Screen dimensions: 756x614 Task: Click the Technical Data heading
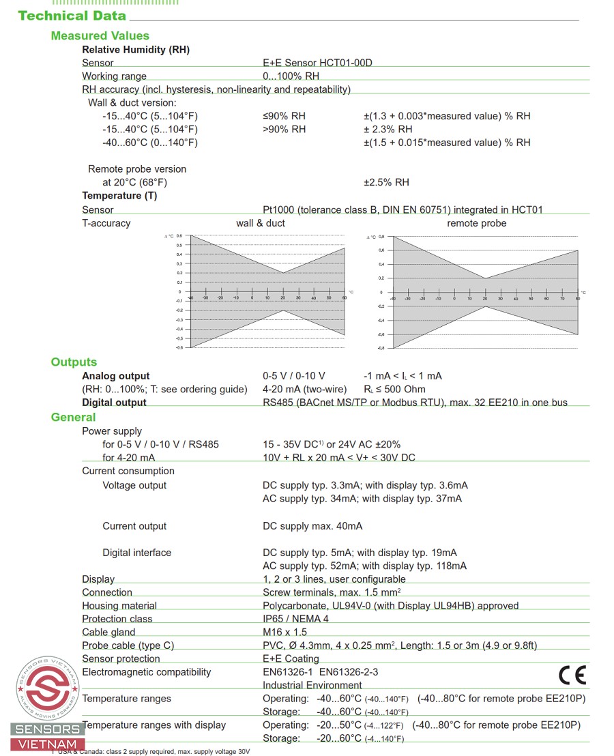coord(72,16)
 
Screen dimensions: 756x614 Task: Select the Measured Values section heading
coord(100,35)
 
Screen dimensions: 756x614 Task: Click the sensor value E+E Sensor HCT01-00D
coord(317,63)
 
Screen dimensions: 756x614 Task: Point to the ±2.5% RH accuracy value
coord(386,182)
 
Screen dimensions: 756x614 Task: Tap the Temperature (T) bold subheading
coord(119,196)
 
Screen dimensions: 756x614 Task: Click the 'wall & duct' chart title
coord(261,223)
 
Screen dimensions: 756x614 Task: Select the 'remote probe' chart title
coord(476,223)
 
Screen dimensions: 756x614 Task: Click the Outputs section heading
coord(74,362)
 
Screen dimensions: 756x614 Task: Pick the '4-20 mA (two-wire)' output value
coord(304,389)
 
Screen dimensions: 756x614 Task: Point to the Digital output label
coord(114,403)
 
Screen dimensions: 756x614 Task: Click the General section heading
coord(73,417)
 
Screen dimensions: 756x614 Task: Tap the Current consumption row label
coord(128,471)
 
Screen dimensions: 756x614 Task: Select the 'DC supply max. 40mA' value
coord(312,526)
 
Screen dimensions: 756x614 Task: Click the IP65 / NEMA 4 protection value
coord(295,619)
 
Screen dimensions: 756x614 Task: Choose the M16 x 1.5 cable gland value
coord(284,632)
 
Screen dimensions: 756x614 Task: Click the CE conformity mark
coord(572,675)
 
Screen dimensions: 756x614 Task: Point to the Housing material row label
coord(119,606)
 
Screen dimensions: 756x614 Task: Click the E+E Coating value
coord(291,658)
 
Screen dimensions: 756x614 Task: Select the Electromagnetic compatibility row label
coord(147,672)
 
